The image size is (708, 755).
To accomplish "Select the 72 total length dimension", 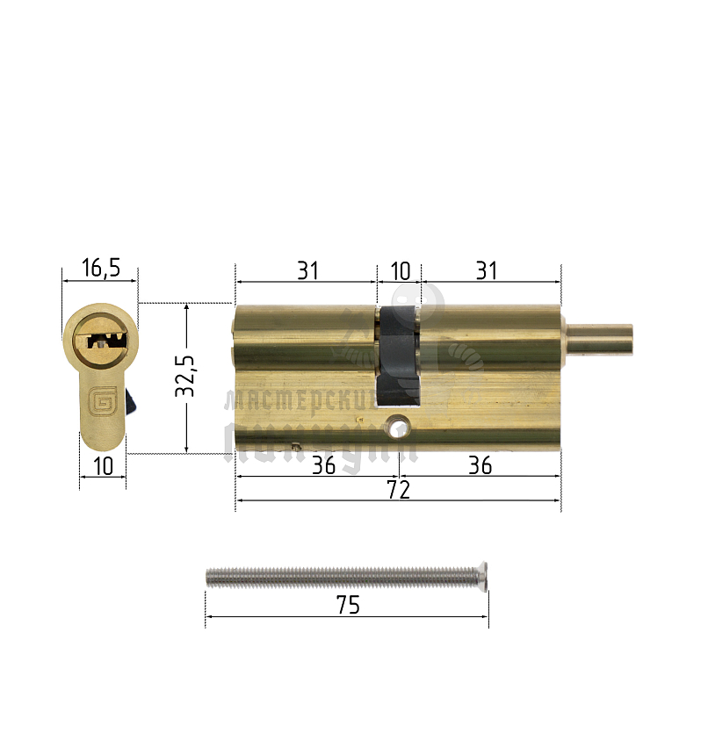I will coord(398,490).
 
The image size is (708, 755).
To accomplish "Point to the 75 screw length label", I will coord(348,606).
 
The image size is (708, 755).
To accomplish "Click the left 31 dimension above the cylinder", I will coord(307,271).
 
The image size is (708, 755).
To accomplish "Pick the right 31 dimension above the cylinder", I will coord(487,271).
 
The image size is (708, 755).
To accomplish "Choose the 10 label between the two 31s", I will coord(400,271).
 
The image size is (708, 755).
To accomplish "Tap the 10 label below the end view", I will coord(103,466).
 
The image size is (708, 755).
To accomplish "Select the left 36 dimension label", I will coord(323,465).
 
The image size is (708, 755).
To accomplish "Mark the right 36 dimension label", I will coord(480,465).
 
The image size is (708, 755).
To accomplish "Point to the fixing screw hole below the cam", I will coord(399,428).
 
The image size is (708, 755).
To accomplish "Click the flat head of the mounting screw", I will coord(482,575).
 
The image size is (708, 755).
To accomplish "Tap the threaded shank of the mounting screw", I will coord(343,576).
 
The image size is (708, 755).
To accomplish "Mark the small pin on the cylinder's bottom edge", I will coord(300,446).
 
